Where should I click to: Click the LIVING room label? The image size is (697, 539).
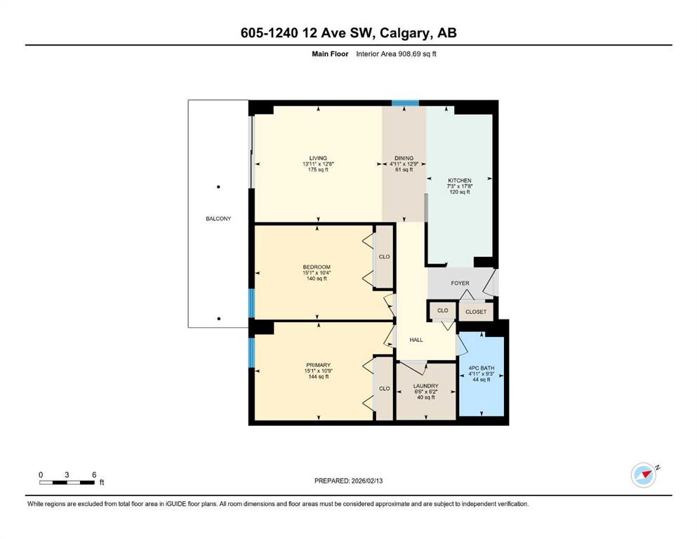pyautogui.click(x=319, y=158)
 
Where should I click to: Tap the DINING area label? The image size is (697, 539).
pyautogui.click(x=404, y=158)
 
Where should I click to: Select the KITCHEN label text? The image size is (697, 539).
pyautogui.click(x=460, y=180)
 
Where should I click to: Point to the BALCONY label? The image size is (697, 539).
pyautogui.click(x=218, y=218)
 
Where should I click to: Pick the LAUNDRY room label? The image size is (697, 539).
pyautogui.click(x=425, y=385)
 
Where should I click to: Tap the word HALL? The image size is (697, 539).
pyautogui.click(x=416, y=340)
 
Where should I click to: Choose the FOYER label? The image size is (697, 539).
pyautogui.click(x=460, y=284)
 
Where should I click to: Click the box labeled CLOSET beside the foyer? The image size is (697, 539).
pyautogui.click(x=476, y=312)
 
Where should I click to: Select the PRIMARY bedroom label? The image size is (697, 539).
pyautogui.click(x=317, y=364)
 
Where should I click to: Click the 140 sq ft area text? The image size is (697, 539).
pyautogui.click(x=317, y=279)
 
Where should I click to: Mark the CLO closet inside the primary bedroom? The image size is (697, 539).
pyautogui.click(x=384, y=388)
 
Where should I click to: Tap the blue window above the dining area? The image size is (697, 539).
pyautogui.click(x=405, y=104)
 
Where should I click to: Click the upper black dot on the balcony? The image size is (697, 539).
pyautogui.click(x=218, y=187)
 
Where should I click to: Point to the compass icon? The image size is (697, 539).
pyautogui.click(x=643, y=475)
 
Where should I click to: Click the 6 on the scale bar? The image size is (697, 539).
pyautogui.click(x=93, y=474)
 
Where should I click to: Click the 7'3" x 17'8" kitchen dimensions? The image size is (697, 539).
pyautogui.click(x=460, y=186)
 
